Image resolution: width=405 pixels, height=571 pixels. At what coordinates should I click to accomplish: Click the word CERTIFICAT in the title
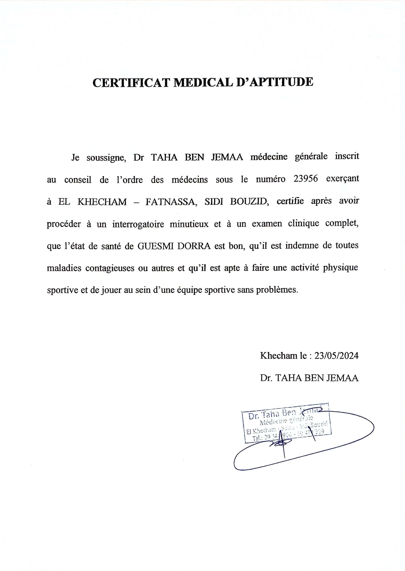(x=131, y=82)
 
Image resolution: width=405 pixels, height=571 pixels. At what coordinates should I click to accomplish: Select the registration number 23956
(x=306, y=179)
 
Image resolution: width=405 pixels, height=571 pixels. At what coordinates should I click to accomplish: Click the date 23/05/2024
(x=336, y=356)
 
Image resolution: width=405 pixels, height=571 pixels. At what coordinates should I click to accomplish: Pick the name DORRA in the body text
(x=194, y=246)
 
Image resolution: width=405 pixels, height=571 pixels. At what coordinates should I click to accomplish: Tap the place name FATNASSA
(x=171, y=202)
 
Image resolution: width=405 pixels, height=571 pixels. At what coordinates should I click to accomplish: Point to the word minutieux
(x=189, y=224)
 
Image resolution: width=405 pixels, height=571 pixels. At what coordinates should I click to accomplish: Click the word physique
(x=340, y=268)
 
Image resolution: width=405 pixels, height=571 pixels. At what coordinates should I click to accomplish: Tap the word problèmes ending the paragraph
(x=276, y=290)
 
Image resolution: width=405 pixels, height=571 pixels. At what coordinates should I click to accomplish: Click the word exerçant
(x=343, y=179)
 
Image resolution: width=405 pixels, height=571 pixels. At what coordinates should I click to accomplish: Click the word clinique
(x=304, y=224)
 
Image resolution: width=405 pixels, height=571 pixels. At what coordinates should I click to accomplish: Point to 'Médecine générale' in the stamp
(x=286, y=421)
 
